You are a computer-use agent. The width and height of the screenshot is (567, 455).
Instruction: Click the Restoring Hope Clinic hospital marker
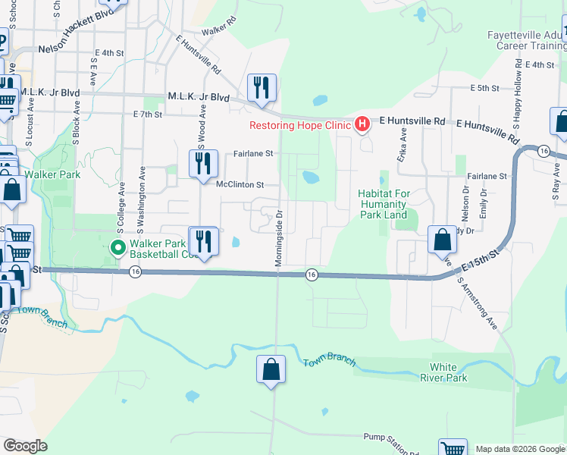pyautogui.click(x=362, y=123)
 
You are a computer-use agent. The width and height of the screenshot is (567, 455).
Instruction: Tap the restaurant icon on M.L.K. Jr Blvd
pyautogui.click(x=262, y=88)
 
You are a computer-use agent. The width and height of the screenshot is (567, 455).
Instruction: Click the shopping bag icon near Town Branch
pyautogui.click(x=271, y=370)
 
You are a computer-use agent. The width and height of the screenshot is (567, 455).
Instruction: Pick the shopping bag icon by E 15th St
pyautogui.click(x=442, y=240)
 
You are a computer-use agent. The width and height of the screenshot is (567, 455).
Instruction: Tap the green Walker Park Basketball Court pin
pyautogui.click(x=117, y=247)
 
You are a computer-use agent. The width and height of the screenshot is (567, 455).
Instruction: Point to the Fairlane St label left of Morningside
pyautogui.click(x=253, y=153)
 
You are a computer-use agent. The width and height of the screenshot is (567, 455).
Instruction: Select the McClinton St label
pyautogui.click(x=240, y=184)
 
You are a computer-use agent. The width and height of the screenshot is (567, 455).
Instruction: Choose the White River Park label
pyautogui.click(x=444, y=372)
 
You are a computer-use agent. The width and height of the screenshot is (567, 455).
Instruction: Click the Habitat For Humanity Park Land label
pyautogui.click(x=384, y=204)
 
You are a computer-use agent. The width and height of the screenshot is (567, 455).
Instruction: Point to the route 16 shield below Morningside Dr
pyautogui.click(x=311, y=275)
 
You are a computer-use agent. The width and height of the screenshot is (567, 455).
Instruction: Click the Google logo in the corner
pyautogui.click(x=25, y=446)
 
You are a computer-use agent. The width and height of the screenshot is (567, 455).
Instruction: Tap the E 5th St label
pyautogui.click(x=484, y=88)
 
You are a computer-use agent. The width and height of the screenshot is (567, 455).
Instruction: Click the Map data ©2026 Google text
pyautogui.click(x=519, y=449)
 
